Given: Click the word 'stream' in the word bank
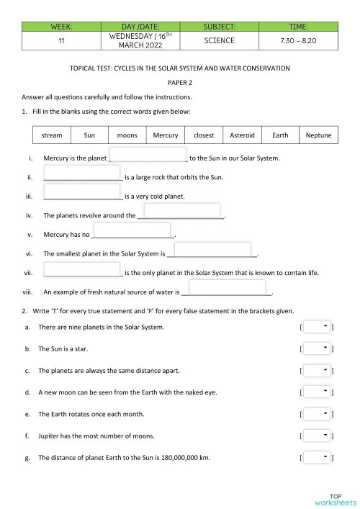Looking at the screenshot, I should click(x=52, y=135).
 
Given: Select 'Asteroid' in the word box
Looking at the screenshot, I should click(x=242, y=135).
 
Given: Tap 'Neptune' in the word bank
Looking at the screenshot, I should click(x=318, y=135).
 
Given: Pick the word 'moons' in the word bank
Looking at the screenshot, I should click(x=127, y=135).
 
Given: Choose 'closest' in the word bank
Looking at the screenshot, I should click(x=204, y=135).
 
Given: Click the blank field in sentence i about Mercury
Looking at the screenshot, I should click(x=148, y=156).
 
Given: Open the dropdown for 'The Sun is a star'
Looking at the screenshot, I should click(x=318, y=348).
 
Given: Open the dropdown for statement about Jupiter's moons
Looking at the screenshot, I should click(x=318, y=436).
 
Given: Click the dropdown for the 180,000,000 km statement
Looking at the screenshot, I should click(x=318, y=457).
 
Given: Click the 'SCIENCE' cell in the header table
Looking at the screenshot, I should click(x=219, y=40).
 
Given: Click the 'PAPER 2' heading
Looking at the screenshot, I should click(x=179, y=82).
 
